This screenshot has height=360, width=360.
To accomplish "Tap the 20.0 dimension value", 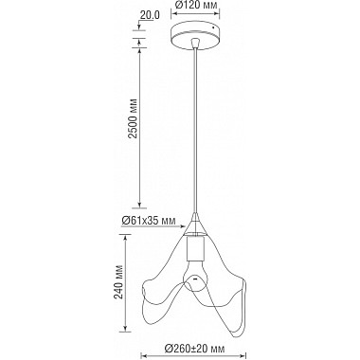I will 147,14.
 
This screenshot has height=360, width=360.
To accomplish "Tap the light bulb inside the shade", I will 197,280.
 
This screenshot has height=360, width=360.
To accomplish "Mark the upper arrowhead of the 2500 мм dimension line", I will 141,44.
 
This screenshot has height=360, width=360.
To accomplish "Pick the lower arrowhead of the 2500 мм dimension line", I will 141,206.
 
